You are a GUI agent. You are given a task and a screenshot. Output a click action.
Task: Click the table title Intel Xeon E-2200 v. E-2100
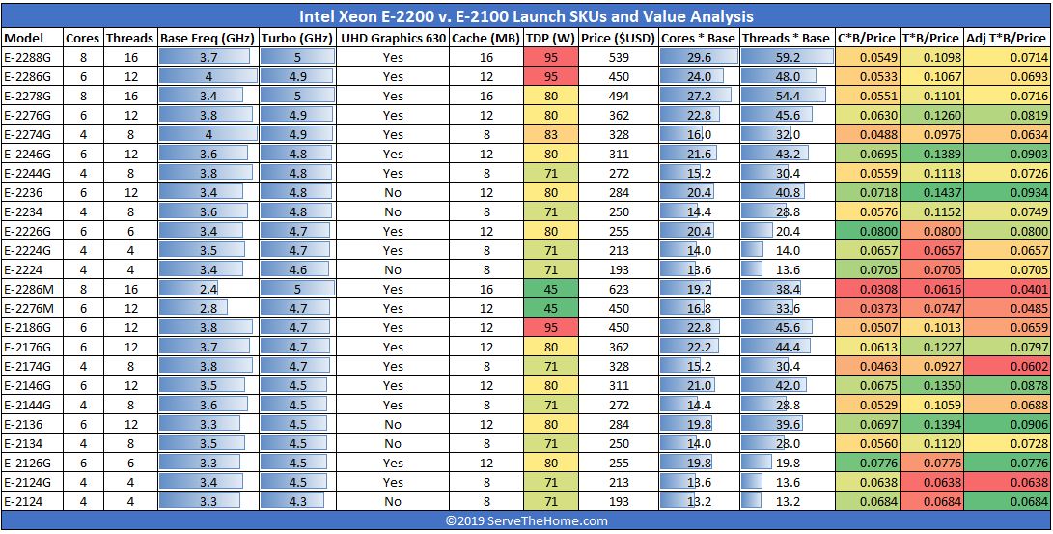[x=526, y=16]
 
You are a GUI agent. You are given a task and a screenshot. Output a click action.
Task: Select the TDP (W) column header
[x=550, y=38]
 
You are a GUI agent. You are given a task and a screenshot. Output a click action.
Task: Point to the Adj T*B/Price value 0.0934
[x=1008, y=192]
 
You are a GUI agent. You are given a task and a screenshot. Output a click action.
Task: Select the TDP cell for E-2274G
[x=550, y=134]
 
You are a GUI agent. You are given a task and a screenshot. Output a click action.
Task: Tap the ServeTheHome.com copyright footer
[x=526, y=520]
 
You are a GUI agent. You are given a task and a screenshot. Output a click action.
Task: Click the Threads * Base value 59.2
[x=787, y=57]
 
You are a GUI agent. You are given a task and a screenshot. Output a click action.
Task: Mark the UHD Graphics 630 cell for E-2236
[x=393, y=192]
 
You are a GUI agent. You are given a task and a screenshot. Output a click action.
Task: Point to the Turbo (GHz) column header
[x=297, y=38]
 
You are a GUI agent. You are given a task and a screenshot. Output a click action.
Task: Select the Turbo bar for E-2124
[x=293, y=501]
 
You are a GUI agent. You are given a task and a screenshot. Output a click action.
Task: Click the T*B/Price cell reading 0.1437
[x=930, y=192]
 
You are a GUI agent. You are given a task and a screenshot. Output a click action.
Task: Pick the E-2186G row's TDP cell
[x=550, y=327]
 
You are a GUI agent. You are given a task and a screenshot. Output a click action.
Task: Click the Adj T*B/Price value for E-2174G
[x=1008, y=366]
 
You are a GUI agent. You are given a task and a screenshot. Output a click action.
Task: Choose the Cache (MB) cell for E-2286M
[x=486, y=289]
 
